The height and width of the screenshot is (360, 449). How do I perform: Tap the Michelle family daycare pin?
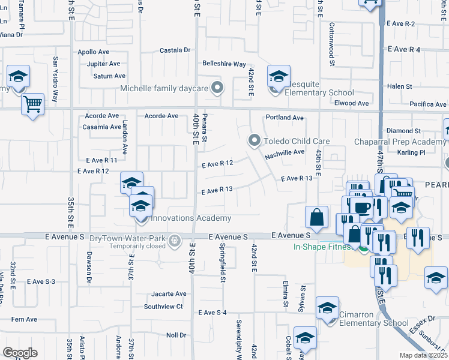tap(218, 88)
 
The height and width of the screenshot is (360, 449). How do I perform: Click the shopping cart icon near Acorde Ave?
tap(32, 104)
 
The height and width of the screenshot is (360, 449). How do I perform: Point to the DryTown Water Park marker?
tap(175, 241)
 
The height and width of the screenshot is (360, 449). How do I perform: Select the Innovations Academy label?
tap(190, 218)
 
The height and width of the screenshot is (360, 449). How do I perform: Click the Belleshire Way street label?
tap(224, 64)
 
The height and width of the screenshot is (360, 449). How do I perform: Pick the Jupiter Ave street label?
tap(103, 64)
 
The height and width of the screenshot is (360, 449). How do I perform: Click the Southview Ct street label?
tap(163, 306)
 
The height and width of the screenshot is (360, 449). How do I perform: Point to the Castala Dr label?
tap(175, 50)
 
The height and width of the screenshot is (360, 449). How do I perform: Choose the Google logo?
tap(20, 352)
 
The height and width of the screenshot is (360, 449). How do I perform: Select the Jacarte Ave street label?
tap(169, 294)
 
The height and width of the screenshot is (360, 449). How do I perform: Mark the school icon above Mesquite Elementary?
tap(279, 76)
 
